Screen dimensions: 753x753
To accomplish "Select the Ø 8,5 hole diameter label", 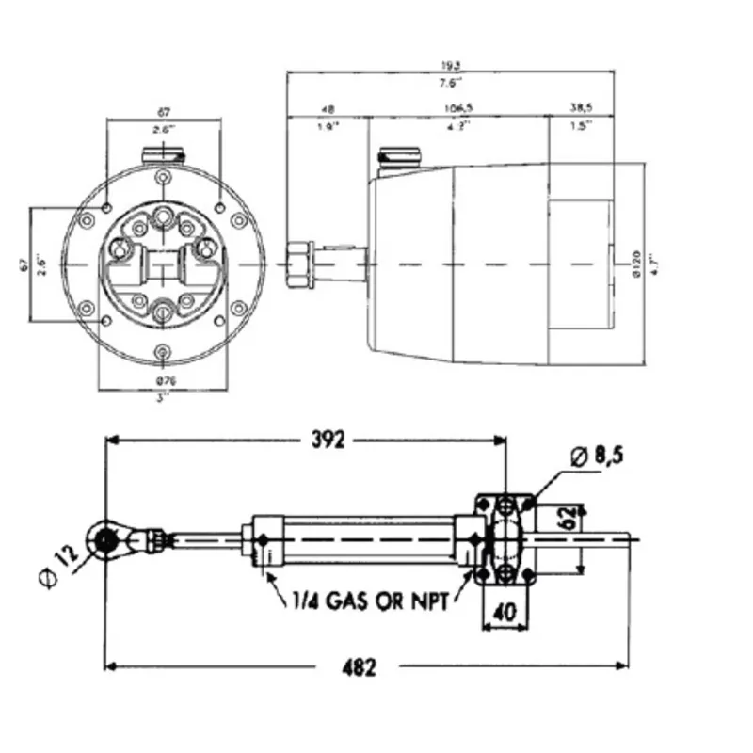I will click(x=598, y=457).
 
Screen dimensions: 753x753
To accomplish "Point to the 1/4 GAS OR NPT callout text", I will click(x=366, y=600).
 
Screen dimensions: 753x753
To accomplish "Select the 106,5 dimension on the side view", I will click(x=458, y=109).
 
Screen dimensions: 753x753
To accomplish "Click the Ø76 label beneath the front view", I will click(x=164, y=381).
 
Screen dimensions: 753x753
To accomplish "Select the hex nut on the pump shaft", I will click(x=300, y=264).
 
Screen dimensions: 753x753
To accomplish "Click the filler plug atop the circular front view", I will click(x=164, y=152).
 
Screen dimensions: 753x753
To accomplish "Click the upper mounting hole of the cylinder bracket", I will click(x=508, y=506).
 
